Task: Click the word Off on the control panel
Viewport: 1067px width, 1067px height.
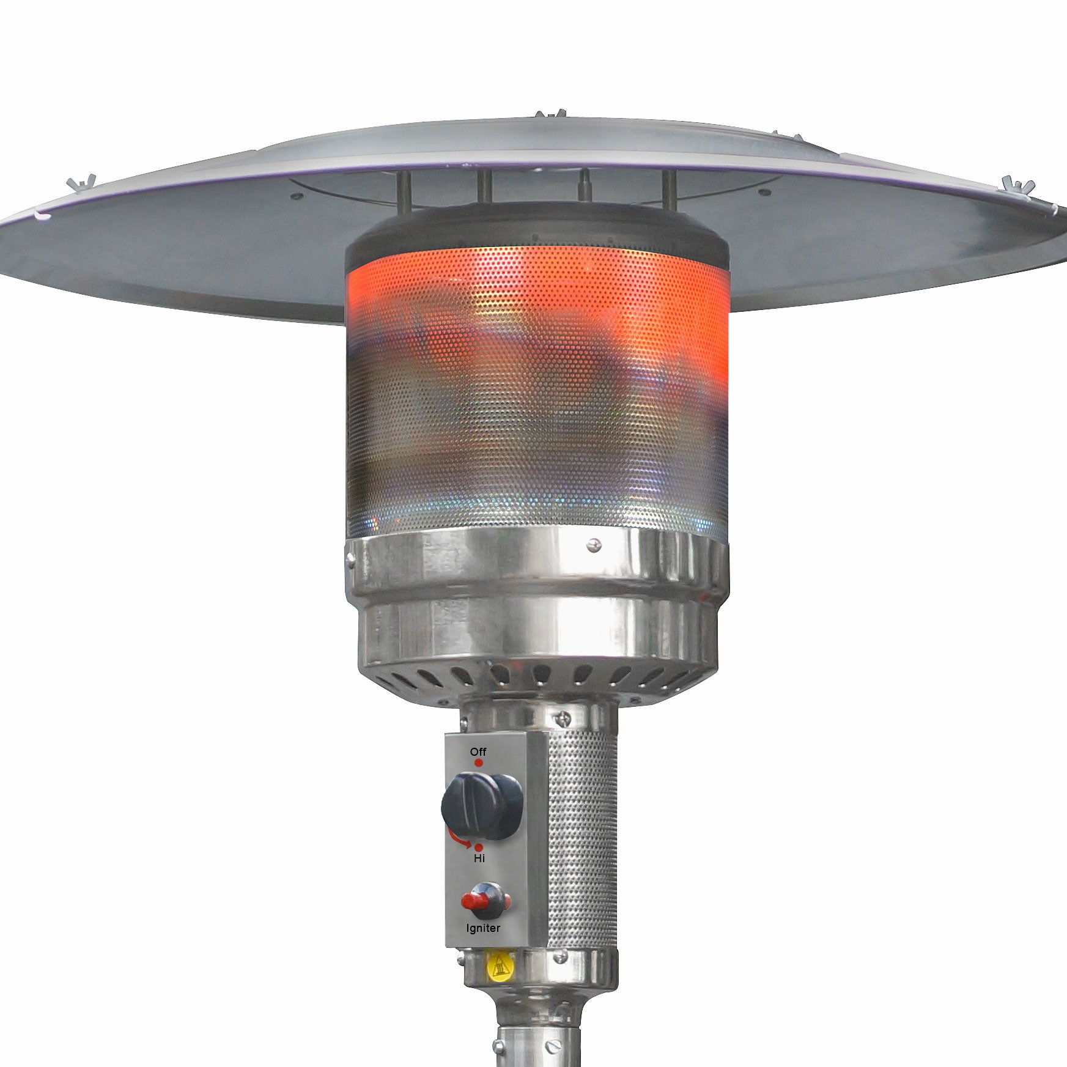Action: [x=478, y=751]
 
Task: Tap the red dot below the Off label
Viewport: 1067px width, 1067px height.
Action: [x=479, y=763]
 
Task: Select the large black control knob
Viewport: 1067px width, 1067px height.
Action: [x=482, y=805]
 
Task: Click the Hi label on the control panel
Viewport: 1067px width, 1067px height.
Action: [x=479, y=858]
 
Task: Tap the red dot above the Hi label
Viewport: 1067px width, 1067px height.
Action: [x=479, y=847]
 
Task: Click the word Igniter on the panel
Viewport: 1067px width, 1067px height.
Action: [x=483, y=928]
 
